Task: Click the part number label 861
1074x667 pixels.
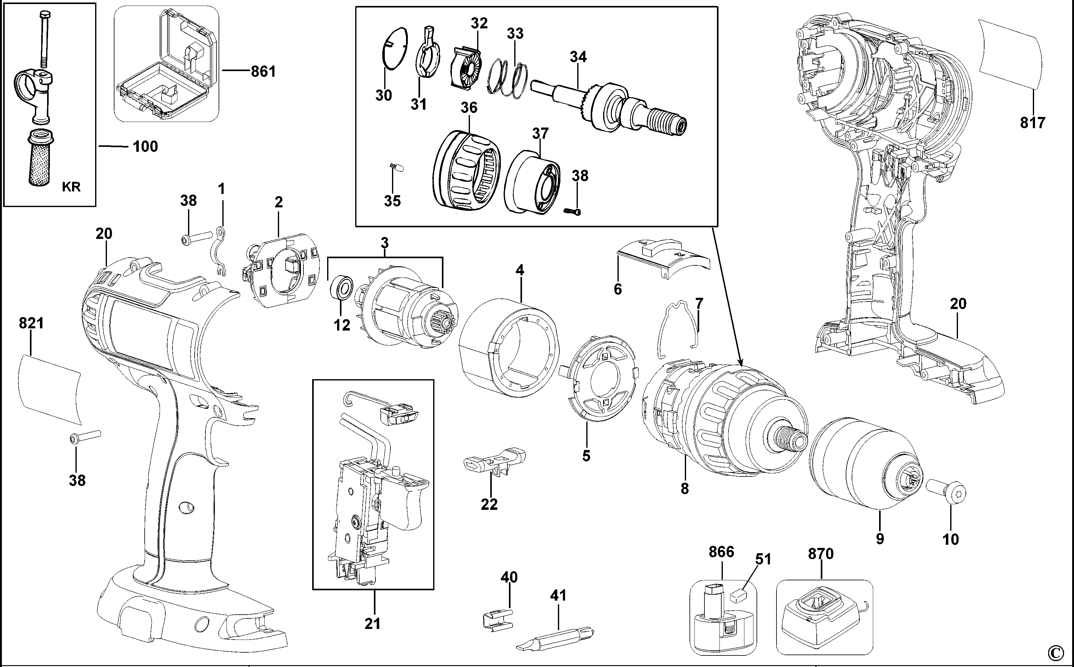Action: coord(263,71)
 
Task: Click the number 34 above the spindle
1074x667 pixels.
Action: coord(578,57)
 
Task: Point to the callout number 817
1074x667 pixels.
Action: coord(1033,122)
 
